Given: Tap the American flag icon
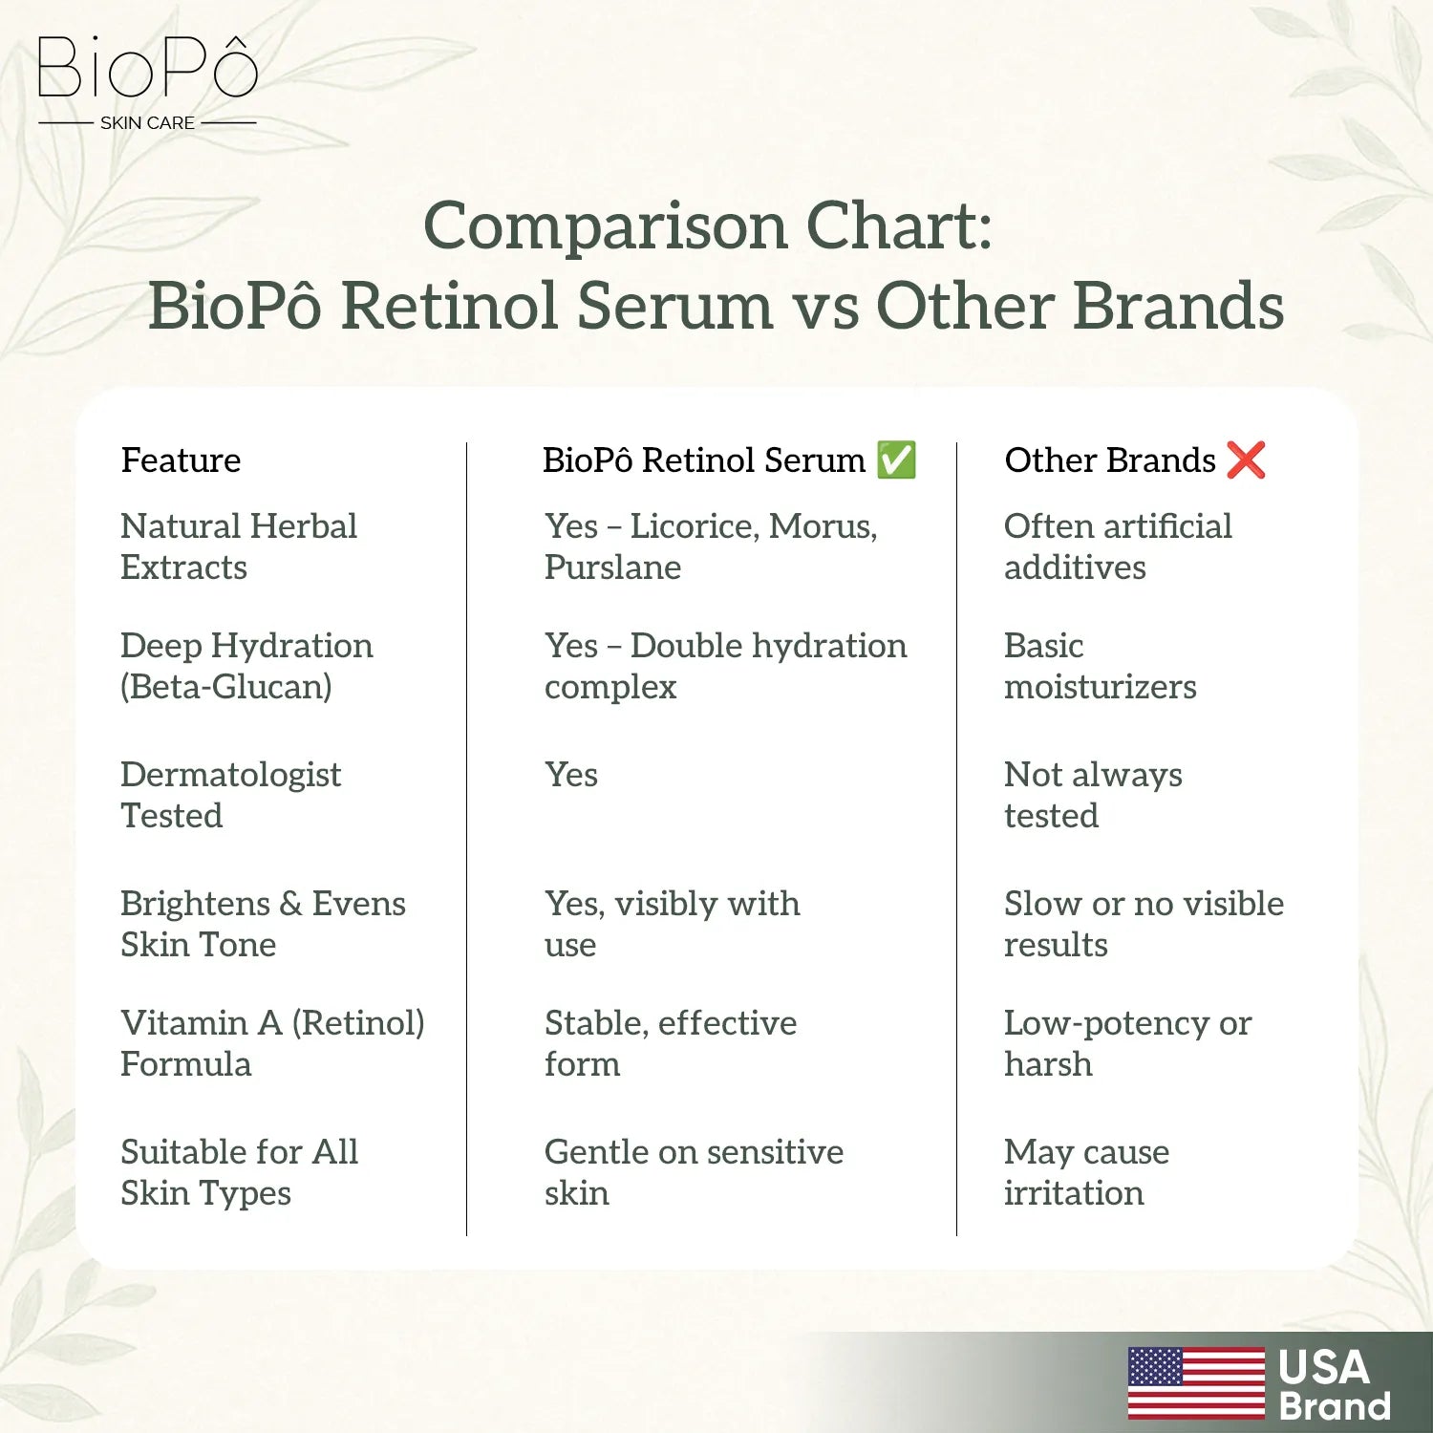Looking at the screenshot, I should point(1196,1382).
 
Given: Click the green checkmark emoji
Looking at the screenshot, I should point(896,460).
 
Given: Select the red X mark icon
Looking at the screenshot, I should point(1247,460).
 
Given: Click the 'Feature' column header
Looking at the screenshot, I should point(181,460).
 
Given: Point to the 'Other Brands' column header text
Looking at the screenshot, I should point(1109,460).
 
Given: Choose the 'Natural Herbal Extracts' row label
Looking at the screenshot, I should point(238,546).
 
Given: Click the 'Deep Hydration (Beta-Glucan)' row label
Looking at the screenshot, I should point(246,666).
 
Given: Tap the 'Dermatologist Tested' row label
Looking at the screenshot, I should point(230,795).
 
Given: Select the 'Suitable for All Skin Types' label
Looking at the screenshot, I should point(239,1172).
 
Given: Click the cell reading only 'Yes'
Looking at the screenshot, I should point(571,775).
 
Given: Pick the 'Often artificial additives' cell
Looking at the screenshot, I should point(1118,546).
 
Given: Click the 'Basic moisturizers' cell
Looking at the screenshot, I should point(1100,666).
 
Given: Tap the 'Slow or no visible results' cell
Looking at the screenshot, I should point(1144,924).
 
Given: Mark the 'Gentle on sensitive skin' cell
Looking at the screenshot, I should point(694,1172).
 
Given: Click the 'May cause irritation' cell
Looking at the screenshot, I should point(1086,1172).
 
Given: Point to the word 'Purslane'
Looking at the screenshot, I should point(612,567).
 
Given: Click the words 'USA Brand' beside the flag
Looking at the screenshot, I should point(1334,1385).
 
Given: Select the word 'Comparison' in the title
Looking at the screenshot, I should point(606,226).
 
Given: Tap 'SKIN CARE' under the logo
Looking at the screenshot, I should point(147,123).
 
